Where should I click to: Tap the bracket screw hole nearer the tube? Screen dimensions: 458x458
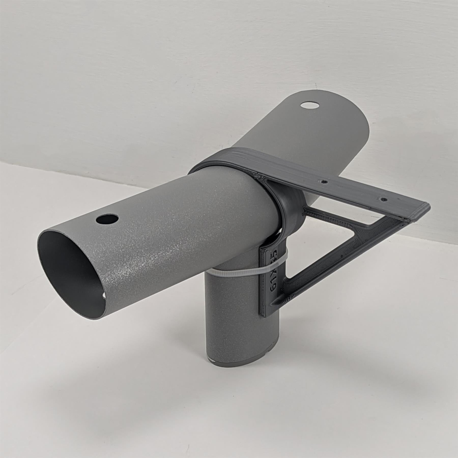click(324, 182)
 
